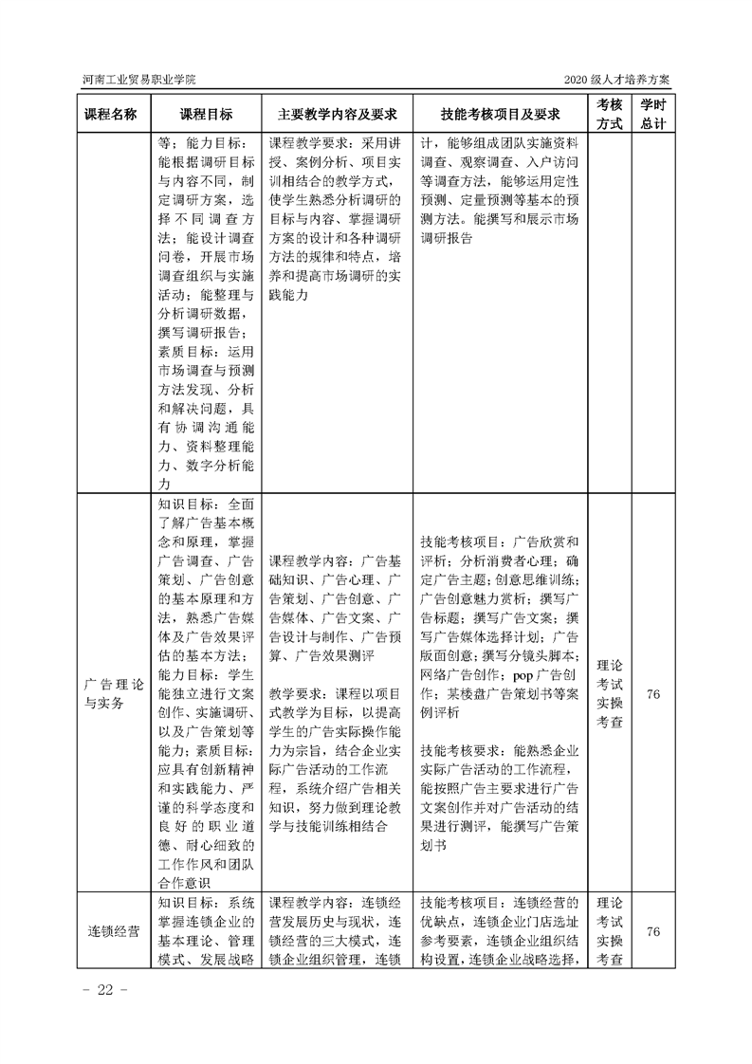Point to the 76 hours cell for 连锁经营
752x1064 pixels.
coord(652,931)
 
